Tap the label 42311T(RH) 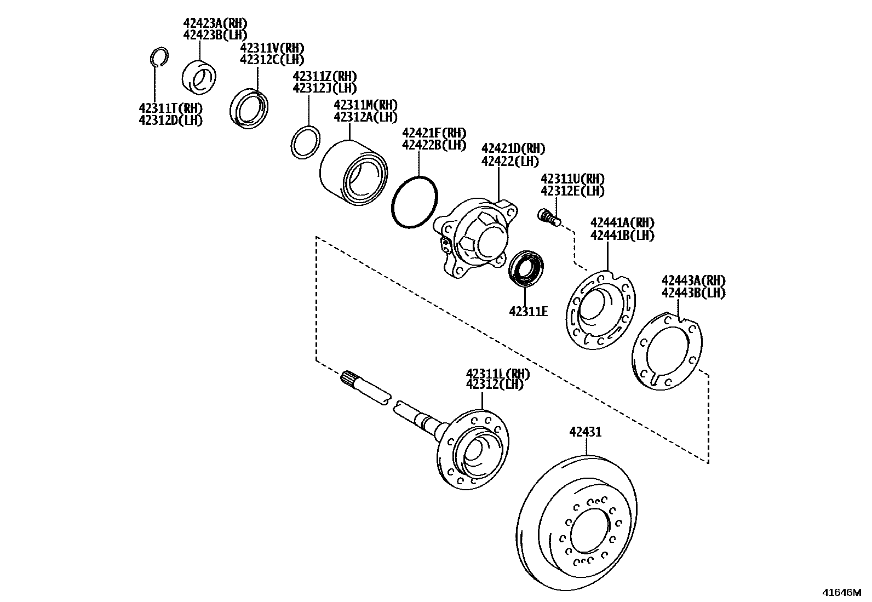[x=170, y=108]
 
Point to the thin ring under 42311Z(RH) [x=305, y=143]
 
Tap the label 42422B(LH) [x=434, y=145]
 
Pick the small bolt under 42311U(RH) [x=548, y=217]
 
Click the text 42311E [x=528, y=312]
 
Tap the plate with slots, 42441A [x=600, y=309]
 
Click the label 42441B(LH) [x=622, y=235]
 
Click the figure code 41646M [x=841, y=592]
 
